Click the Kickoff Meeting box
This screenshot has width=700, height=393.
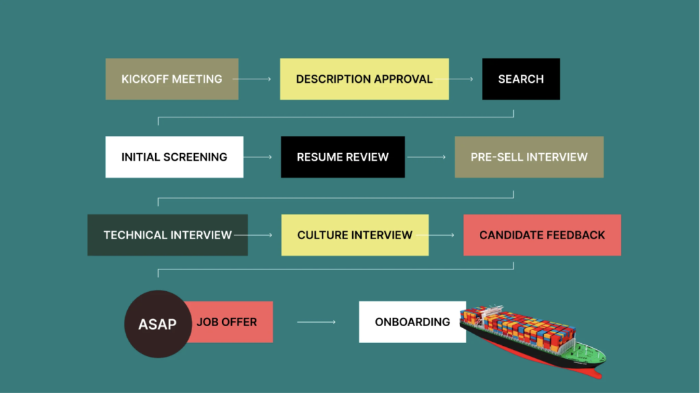pos(172,79)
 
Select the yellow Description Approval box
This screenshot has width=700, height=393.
pos(364,79)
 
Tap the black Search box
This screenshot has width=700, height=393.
pos(520,79)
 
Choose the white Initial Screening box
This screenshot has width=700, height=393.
pos(174,157)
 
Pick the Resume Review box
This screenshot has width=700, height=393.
pos(342,157)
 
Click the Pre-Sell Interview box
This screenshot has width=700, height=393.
pos(528,157)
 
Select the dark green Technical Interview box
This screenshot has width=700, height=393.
pos(167,234)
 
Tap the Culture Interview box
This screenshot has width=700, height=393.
pos(354,234)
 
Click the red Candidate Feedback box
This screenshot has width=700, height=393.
pos(541,234)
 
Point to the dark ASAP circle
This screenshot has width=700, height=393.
pos(157,324)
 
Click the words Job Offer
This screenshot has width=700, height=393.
pos(226,321)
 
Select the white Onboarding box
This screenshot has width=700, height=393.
pos(412,321)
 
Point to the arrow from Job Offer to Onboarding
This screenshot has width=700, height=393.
pos(316,321)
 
